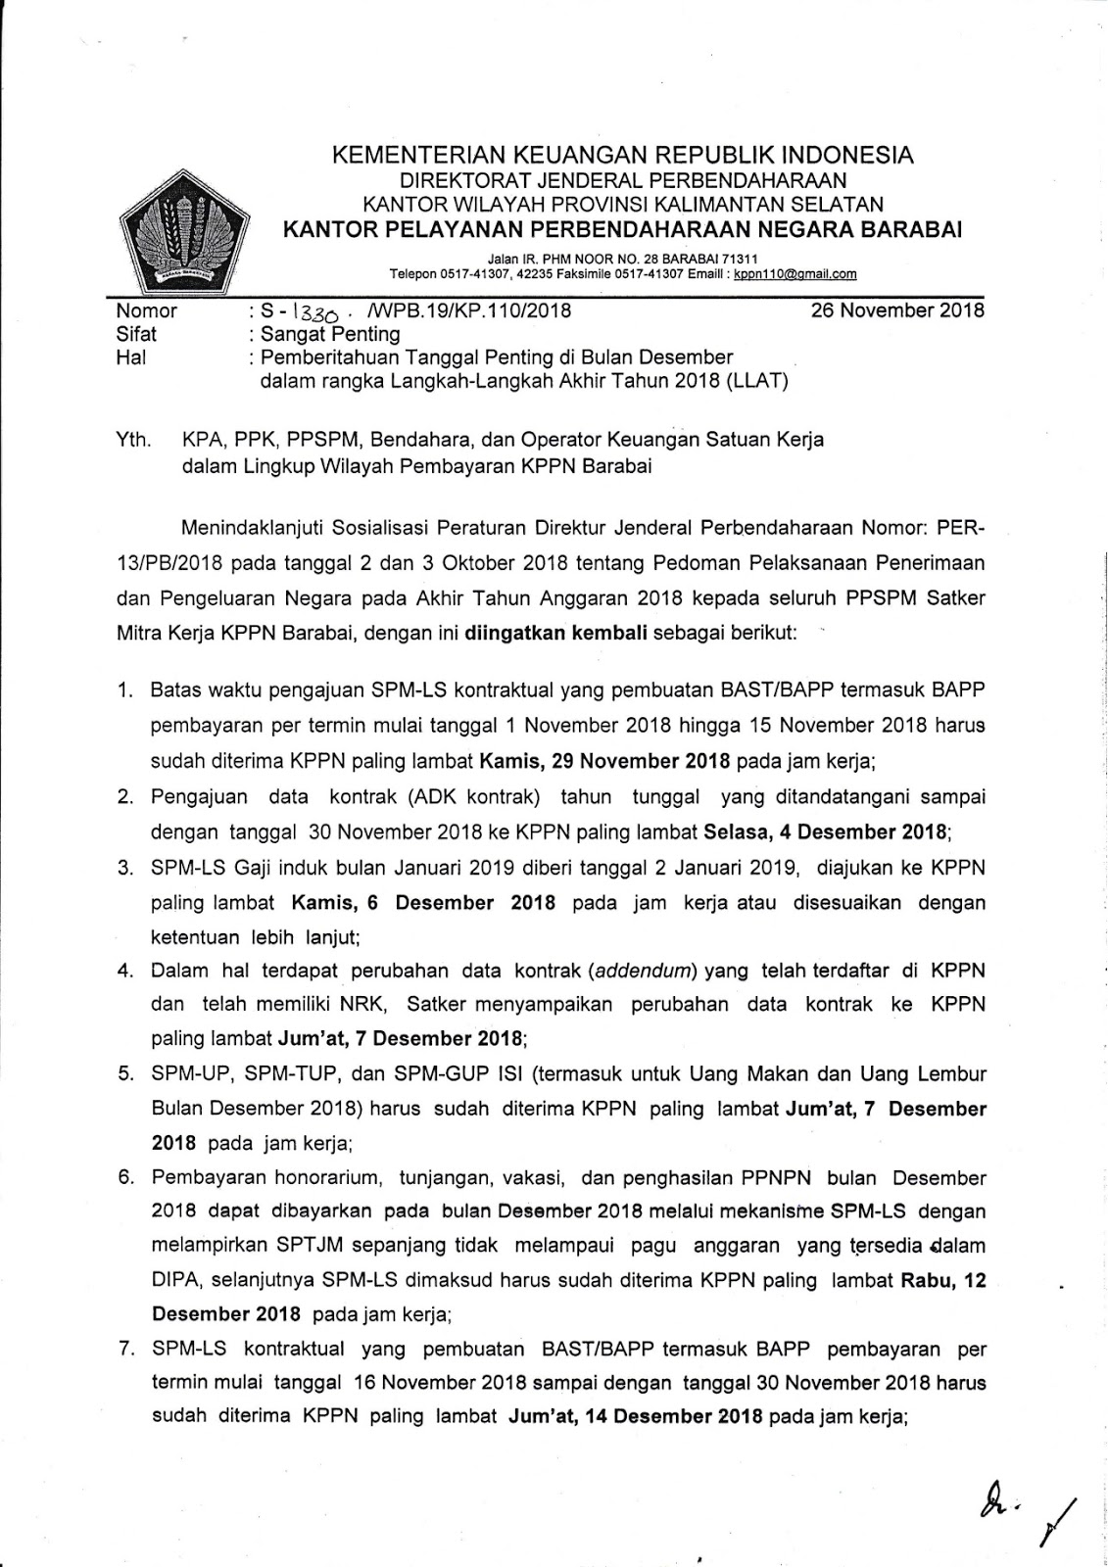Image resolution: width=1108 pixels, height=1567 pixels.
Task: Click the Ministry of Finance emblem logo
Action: [x=182, y=230]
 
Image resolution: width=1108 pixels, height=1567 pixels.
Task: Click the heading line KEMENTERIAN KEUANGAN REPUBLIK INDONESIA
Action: [x=622, y=155]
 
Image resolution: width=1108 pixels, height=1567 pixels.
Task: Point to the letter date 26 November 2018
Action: [x=897, y=311]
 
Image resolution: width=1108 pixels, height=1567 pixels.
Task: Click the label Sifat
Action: [x=136, y=334]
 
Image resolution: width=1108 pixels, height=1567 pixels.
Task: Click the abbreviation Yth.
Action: [x=133, y=440]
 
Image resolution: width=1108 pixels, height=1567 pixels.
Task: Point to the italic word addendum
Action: [x=642, y=971]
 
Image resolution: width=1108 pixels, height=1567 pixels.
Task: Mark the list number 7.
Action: [x=125, y=1349]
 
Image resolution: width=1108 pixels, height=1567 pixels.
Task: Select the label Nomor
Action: [x=146, y=311]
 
